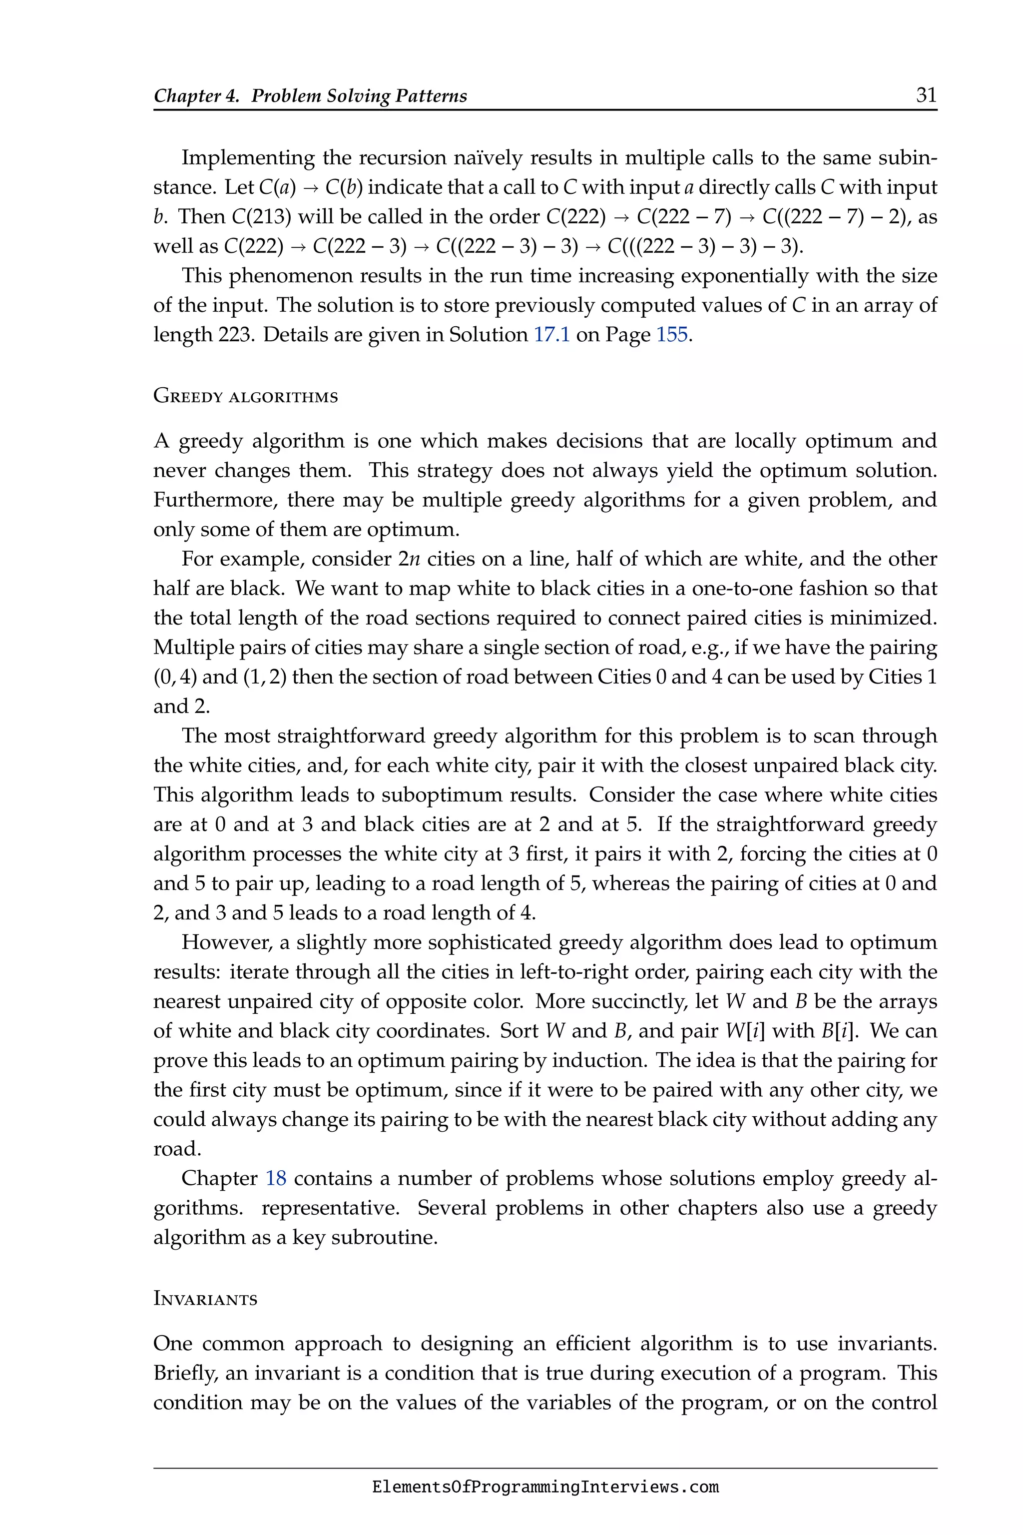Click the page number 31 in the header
[x=926, y=95]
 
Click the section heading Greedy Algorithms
[x=245, y=396]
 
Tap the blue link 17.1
[x=551, y=335]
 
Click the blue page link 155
[x=671, y=335]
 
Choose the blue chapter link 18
[x=276, y=1178]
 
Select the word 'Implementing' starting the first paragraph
[x=249, y=158]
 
